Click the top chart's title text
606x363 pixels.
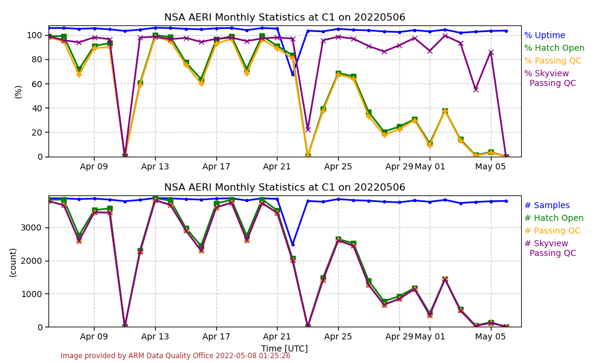click(285, 18)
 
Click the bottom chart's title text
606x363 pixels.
click(285, 188)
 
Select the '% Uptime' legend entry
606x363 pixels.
click(544, 36)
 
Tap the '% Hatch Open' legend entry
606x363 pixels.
click(554, 48)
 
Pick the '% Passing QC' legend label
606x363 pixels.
click(553, 61)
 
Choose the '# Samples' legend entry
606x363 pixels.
click(547, 206)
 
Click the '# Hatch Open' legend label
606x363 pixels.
click(553, 218)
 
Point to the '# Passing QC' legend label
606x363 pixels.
click(552, 231)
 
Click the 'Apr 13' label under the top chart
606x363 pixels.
click(155, 166)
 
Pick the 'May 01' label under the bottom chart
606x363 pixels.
click(430, 336)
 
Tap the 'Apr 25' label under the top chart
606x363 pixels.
click(338, 166)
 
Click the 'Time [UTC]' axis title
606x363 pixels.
click(284, 349)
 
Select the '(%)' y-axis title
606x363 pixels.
click(18, 91)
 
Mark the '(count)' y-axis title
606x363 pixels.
click(13, 261)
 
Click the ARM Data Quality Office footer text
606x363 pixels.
click(175, 356)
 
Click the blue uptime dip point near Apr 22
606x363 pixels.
click(293, 74)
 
